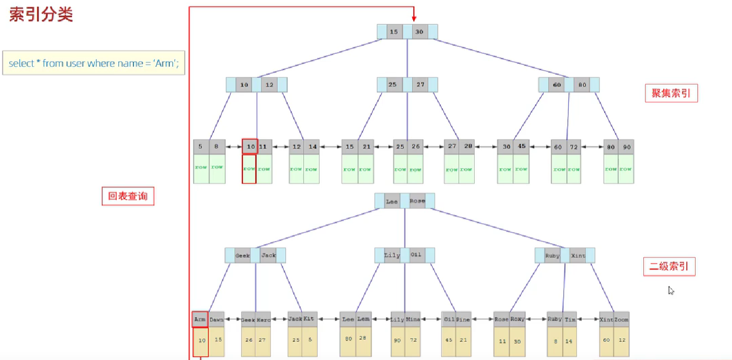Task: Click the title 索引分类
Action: [41, 15]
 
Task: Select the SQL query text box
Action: [94, 63]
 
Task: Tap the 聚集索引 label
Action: [671, 93]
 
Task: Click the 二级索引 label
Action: [669, 266]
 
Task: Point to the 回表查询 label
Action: [128, 196]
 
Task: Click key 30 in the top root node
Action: [419, 32]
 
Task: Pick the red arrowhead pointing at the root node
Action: [414, 18]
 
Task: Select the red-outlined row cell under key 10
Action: [249, 169]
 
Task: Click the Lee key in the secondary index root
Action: [392, 201]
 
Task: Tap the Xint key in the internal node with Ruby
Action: [578, 256]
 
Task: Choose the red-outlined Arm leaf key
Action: [200, 319]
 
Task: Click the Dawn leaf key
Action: [216, 320]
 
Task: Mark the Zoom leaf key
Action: [622, 320]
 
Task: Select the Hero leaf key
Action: [263, 320]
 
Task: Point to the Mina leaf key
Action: [413, 320]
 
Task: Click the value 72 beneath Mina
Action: [413, 340]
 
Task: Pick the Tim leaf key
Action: [570, 320]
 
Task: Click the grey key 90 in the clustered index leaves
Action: [626, 147]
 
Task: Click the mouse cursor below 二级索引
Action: [671, 291]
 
